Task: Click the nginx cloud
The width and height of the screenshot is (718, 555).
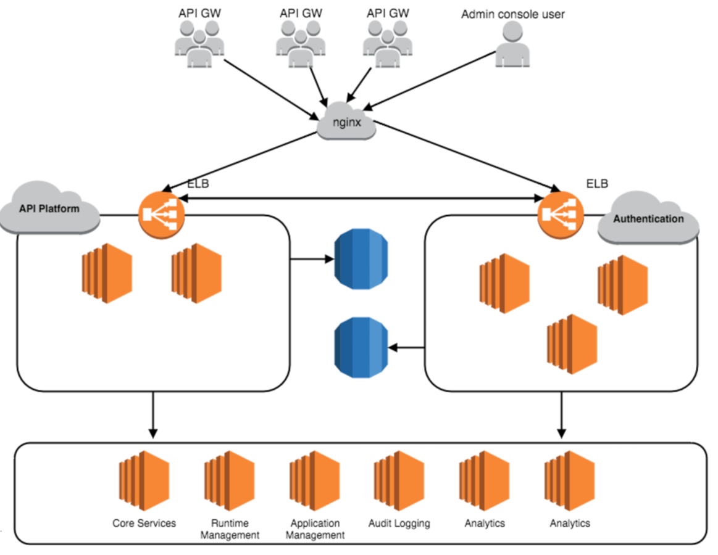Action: pos(346,121)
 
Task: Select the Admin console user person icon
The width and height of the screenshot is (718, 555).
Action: pos(512,44)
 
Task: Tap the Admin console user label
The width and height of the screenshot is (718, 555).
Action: pos(512,14)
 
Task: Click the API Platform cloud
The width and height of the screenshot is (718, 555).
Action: pos(49,209)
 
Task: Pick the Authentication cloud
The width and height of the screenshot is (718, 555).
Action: pos(648,219)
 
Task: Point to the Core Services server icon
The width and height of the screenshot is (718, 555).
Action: pos(143,480)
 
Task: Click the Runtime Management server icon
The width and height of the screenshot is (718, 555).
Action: pos(229,480)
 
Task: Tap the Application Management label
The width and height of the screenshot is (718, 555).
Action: pos(315,529)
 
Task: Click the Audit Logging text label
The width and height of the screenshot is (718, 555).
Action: pos(399,524)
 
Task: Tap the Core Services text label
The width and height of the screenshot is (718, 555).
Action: pos(144,524)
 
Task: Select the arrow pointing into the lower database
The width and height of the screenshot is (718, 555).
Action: pos(407,348)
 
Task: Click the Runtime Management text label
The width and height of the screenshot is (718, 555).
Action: pos(230,529)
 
